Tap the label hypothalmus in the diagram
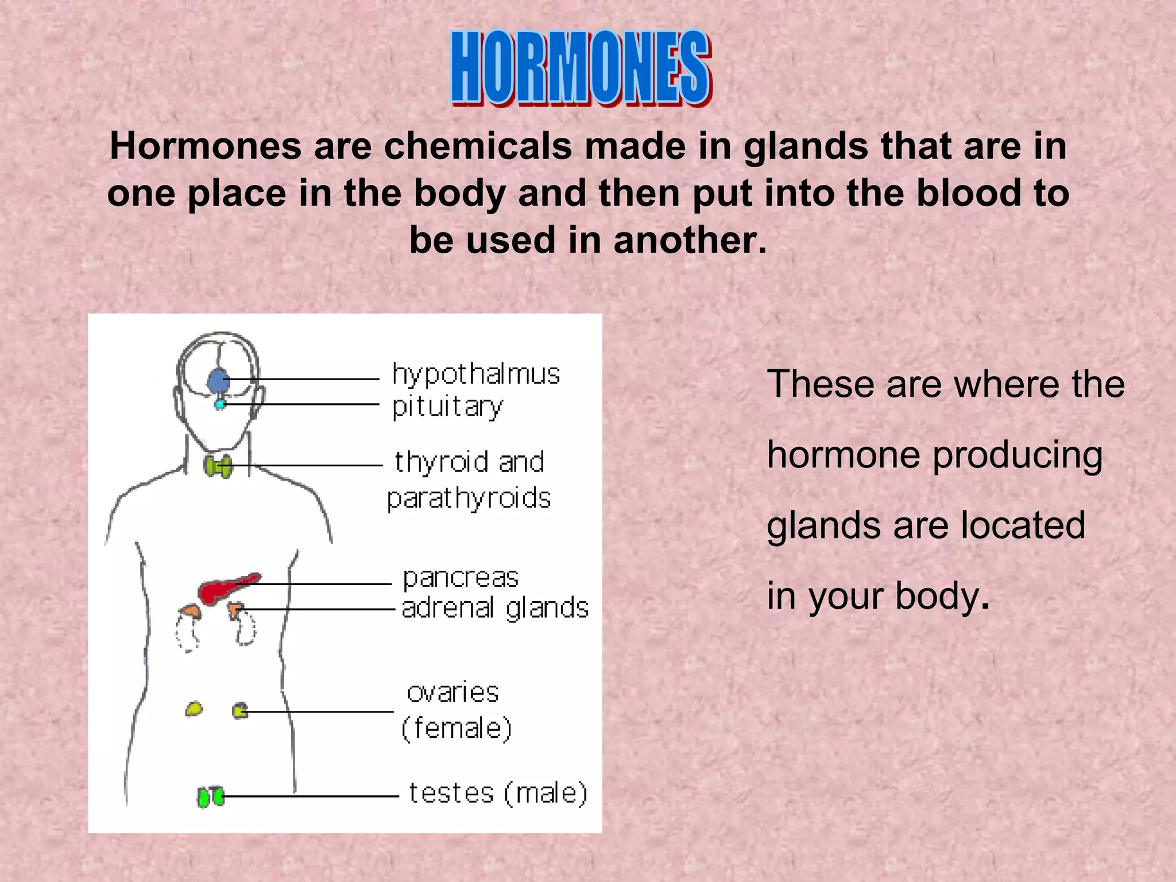(475, 375)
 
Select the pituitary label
(447, 407)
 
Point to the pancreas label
(461, 578)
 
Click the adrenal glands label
(495, 608)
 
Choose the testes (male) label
(498, 794)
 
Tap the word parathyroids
(469, 498)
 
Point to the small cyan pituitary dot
(219, 405)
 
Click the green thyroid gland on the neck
(218, 466)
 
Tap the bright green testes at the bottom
(210, 797)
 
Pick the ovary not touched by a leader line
(194, 709)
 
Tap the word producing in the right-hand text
(1018, 455)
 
